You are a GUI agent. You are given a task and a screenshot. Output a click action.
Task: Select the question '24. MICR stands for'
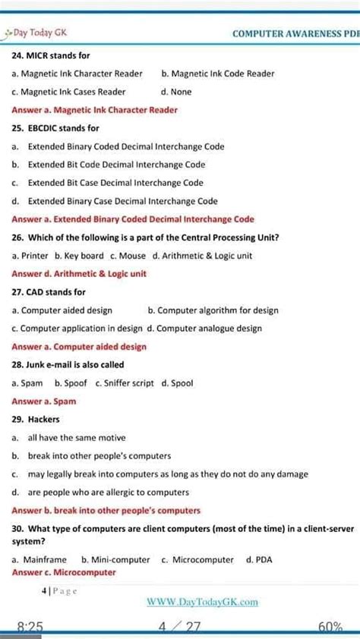(51, 55)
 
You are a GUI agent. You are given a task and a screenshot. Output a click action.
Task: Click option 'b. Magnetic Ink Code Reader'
(218, 74)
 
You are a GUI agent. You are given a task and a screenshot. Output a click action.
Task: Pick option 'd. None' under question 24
(176, 92)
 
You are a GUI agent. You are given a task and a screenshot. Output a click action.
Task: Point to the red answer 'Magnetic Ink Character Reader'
(95, 110)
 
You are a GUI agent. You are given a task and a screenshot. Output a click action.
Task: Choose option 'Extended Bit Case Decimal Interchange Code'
(115, 183)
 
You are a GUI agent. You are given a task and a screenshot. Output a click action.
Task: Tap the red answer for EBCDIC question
(133, 219)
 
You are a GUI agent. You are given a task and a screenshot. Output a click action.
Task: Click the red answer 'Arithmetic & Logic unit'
(79, 274)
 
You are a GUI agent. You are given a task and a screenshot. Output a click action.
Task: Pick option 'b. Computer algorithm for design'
(213, 310)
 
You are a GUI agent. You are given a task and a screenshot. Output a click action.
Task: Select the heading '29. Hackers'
(36, 420)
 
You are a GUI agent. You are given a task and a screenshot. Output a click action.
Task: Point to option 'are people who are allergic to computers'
(109, 493)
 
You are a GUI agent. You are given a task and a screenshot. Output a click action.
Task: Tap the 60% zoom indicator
(332, 627)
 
